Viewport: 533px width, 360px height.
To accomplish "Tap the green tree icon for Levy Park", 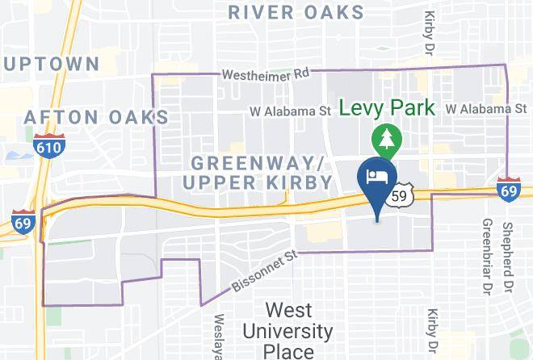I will click(386, 140).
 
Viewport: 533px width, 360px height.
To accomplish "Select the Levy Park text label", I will click(387, 108).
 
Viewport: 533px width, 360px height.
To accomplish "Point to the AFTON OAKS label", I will click(97, 117).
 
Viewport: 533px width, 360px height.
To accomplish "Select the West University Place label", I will click(287, 331).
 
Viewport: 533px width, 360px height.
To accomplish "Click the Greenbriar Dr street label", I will click(487, 255).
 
